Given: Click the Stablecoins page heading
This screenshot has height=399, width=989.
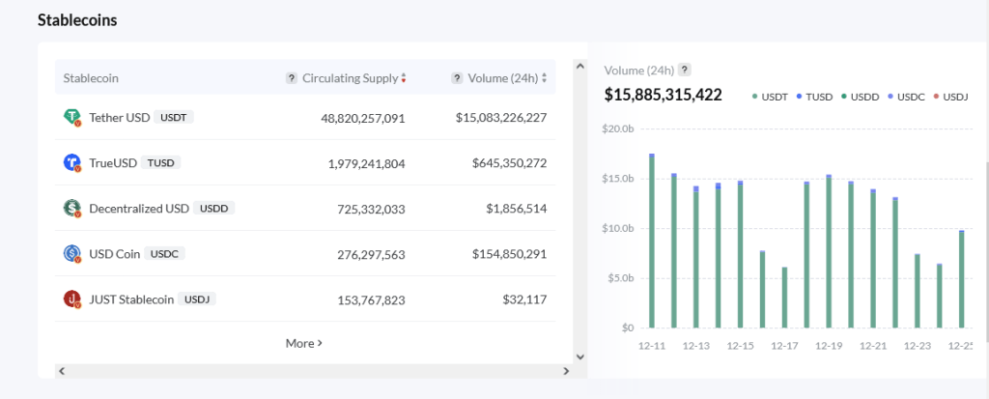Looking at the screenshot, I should tap(77, 20).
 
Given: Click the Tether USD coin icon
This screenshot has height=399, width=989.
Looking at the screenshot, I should tap(71, 118).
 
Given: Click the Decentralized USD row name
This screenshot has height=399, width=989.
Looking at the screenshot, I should tap(139, 208).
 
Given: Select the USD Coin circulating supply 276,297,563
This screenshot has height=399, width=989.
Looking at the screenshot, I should tap(362, 254).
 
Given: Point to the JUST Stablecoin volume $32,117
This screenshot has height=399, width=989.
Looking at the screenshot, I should tap(524, 299).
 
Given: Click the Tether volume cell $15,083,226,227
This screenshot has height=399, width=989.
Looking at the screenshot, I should tap(501, 118).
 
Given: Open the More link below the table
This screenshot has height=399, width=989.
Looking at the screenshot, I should tap(303, 343).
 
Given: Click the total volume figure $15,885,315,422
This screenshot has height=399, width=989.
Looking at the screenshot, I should tap(663, 95).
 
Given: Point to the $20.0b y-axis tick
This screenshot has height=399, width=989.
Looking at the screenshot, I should tap(617, 128).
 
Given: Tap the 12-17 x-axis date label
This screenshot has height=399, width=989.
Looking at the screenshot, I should tap(785, 345).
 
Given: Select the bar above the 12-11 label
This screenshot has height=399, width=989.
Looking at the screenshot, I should tap(652, 242).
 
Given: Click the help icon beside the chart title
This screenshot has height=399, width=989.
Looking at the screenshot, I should tap(684, 70).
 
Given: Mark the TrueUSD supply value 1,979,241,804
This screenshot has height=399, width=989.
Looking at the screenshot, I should tap(362, 163).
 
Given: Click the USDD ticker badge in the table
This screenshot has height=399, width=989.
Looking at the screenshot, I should tap(213, 208).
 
